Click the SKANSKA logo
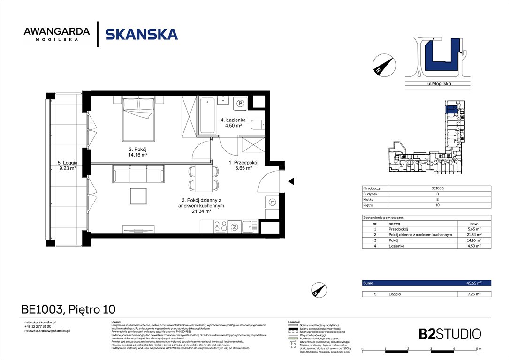(141, 34)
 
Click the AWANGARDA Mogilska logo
(57, 34)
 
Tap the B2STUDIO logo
(449, 334)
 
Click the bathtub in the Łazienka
(207, 115)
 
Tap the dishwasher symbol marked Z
(235, 228)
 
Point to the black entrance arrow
(291, 181)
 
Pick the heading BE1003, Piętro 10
(68, 309)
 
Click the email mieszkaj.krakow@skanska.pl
(47, 331)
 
